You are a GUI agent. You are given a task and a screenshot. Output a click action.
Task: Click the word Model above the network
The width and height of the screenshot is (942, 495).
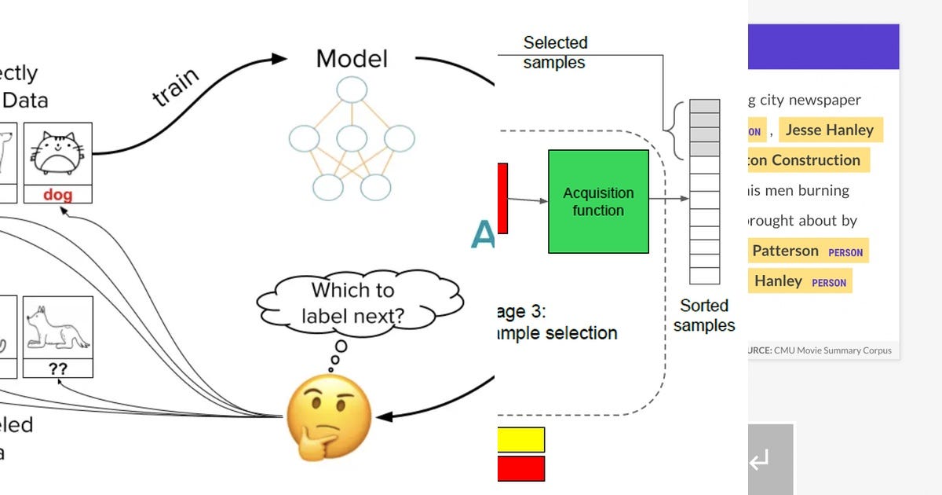coord(352,59)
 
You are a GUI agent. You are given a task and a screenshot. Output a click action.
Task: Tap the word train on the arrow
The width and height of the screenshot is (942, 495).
coord(177,88)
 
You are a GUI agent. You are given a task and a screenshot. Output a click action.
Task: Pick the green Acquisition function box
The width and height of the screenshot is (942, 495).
coord(598,202)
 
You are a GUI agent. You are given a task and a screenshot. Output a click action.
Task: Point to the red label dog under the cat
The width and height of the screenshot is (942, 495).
coord(57,194)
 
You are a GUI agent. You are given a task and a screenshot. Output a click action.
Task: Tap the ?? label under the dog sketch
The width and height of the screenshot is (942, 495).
coord(58,367)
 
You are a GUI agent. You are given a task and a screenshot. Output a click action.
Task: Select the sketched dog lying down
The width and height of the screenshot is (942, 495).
coord(57,328)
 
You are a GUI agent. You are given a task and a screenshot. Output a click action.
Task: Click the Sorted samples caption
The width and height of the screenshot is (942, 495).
coord(704,315)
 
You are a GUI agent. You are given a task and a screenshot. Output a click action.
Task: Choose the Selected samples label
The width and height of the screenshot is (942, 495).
coord(555,52)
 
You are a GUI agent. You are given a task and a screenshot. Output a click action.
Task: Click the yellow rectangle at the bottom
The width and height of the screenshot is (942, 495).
coord(520,440)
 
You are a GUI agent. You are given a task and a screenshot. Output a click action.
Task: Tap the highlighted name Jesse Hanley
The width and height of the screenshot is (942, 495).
coord(830,130)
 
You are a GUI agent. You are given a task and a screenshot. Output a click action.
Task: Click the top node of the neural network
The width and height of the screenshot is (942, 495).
coord(352,89)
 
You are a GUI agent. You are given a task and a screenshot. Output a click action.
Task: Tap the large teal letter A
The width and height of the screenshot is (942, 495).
coord(483,234)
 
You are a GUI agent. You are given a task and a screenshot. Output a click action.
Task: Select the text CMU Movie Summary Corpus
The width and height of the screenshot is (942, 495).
coord(833,350)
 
